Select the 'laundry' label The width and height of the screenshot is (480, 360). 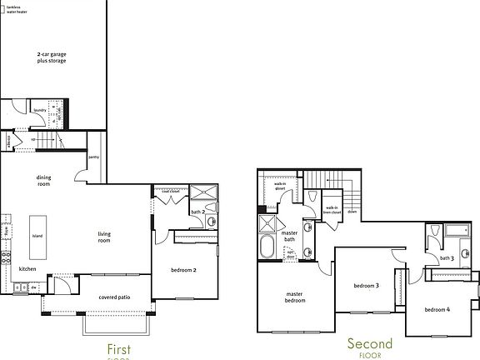pos(38,110)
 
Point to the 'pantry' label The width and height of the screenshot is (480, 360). pos(93,156)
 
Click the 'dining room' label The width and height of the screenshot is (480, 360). pos(43,181)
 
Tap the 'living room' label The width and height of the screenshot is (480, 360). pos(104,237)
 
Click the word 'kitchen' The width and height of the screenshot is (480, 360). pos(27,269)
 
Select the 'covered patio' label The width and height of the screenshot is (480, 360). pos(113,296)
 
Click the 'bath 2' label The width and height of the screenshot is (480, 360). pos(197,212)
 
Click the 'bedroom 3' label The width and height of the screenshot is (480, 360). pos(366,286)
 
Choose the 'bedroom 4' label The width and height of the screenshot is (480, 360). pos(437,310)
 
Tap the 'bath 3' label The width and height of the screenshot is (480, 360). pos(447,257)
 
